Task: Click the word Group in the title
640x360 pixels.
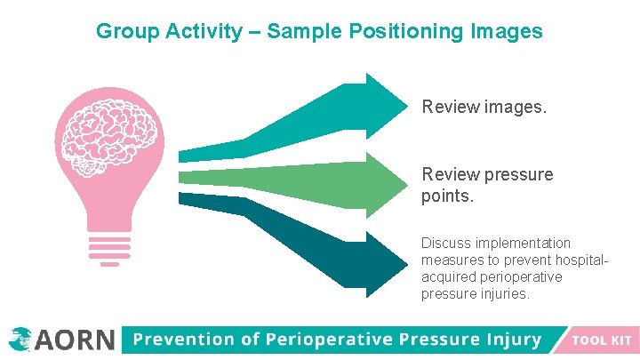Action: (x=124, y=32)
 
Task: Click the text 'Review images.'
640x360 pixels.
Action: (x=484, y=108)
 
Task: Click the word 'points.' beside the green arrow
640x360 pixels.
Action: (x=448, y=195)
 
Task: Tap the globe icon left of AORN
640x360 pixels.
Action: (x=20, y=339)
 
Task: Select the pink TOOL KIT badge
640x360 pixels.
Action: (x=599, y=340)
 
